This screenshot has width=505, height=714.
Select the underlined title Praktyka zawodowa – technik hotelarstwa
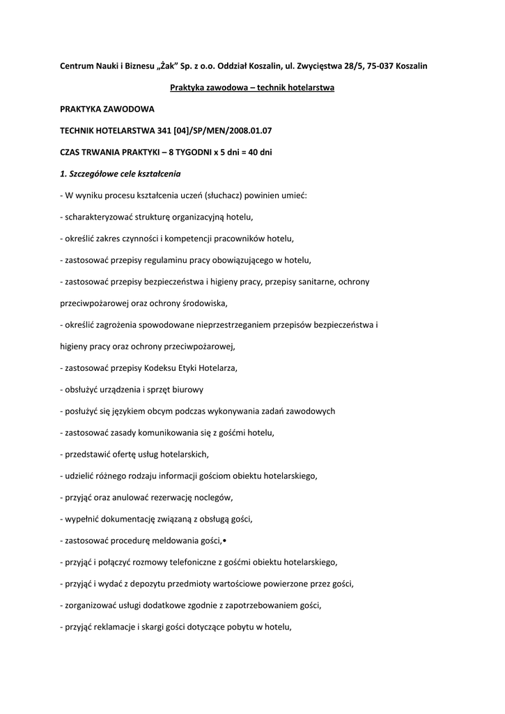pyautogui.click(x=252, y=87)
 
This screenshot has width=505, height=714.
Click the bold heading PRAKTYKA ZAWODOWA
pyautogui.click(x=107, y=109)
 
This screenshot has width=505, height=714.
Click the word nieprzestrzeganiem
pyautogui.click(x=244, y=325)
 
